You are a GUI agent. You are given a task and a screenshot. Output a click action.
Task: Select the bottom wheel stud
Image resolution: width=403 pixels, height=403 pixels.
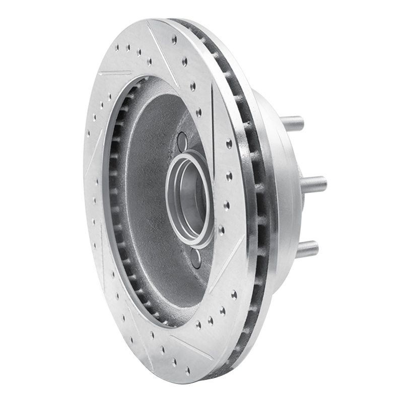coord(307,249)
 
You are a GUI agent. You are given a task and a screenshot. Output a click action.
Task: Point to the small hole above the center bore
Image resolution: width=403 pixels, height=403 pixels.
coord(182,142)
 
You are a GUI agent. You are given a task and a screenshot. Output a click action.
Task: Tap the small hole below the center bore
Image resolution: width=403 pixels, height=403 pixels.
coord(196,257)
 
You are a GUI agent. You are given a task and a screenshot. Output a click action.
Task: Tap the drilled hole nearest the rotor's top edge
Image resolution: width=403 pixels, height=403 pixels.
coord(174,39)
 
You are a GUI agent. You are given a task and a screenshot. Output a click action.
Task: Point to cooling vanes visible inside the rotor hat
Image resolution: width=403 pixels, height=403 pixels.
coord(117,201)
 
